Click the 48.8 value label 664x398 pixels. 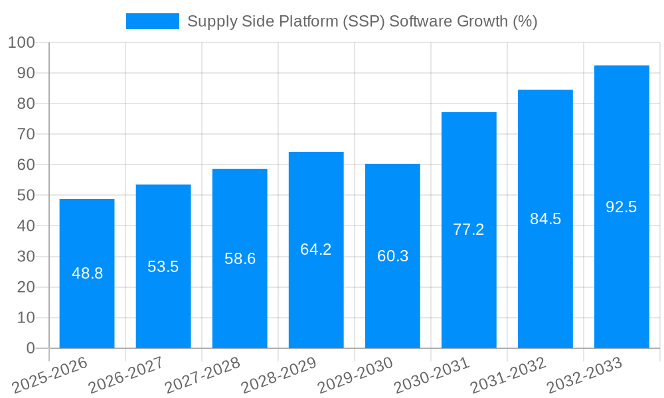pos(87,273)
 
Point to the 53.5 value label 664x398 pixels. pos(163,267)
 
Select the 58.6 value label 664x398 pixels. pos(240,259)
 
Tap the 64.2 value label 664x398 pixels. pos(316,249)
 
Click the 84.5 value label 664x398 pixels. pos(545,219)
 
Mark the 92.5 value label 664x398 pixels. pos(622,207)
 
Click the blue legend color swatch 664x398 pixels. pos(153,21)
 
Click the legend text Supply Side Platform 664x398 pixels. pos(362,21)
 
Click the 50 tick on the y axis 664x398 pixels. pos(25,196)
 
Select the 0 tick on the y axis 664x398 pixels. pos(30,348)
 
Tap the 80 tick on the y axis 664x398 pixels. pos(25,104)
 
